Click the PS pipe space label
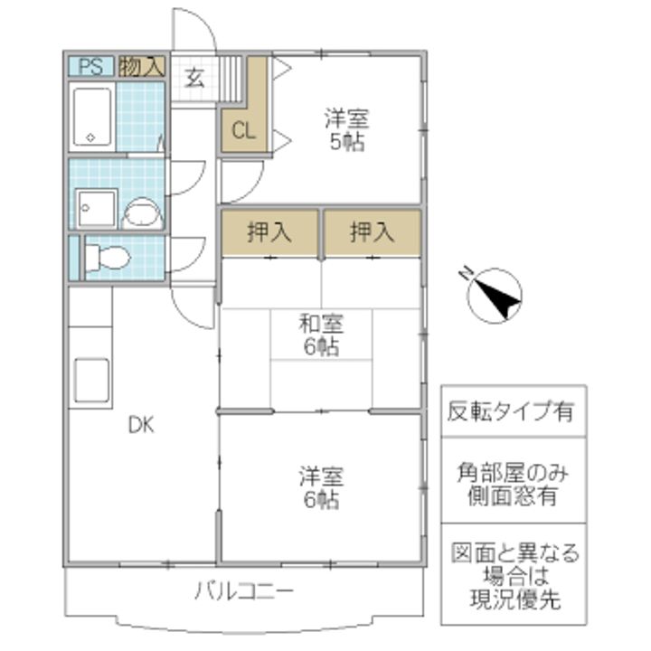point(91,66)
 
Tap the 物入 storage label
point(142,66)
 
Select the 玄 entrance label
point(194,78)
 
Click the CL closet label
point(243,131)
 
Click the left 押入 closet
point(269,232)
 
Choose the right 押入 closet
point(373,232)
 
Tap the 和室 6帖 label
point(321,335)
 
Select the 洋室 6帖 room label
point(321,488)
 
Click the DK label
point(141,426)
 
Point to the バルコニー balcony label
point(244,590)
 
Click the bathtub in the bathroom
point(92,117)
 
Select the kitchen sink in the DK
point(91,381)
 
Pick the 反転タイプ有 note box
point(514,411)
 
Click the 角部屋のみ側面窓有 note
point(514,484)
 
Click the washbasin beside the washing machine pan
point(142,213)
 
